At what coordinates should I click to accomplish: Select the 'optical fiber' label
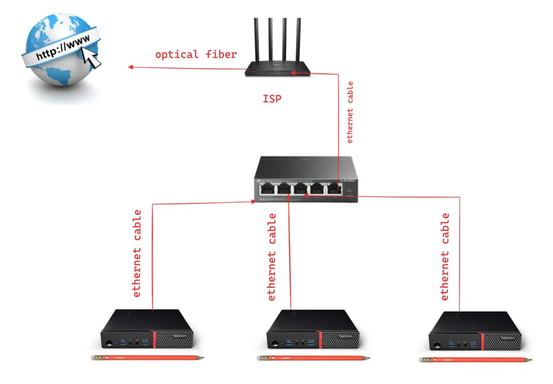[196, 55]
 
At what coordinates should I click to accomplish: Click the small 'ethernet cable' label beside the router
[350, 112]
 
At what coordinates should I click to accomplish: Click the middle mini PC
[313, 330]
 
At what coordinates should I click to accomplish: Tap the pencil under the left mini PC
[148, 358]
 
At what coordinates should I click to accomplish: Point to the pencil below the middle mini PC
[313, 358]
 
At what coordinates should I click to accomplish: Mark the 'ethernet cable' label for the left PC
[137, 253]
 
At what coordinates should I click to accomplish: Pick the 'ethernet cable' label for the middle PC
[272, 257]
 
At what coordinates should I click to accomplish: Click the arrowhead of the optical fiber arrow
[130, 67]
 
